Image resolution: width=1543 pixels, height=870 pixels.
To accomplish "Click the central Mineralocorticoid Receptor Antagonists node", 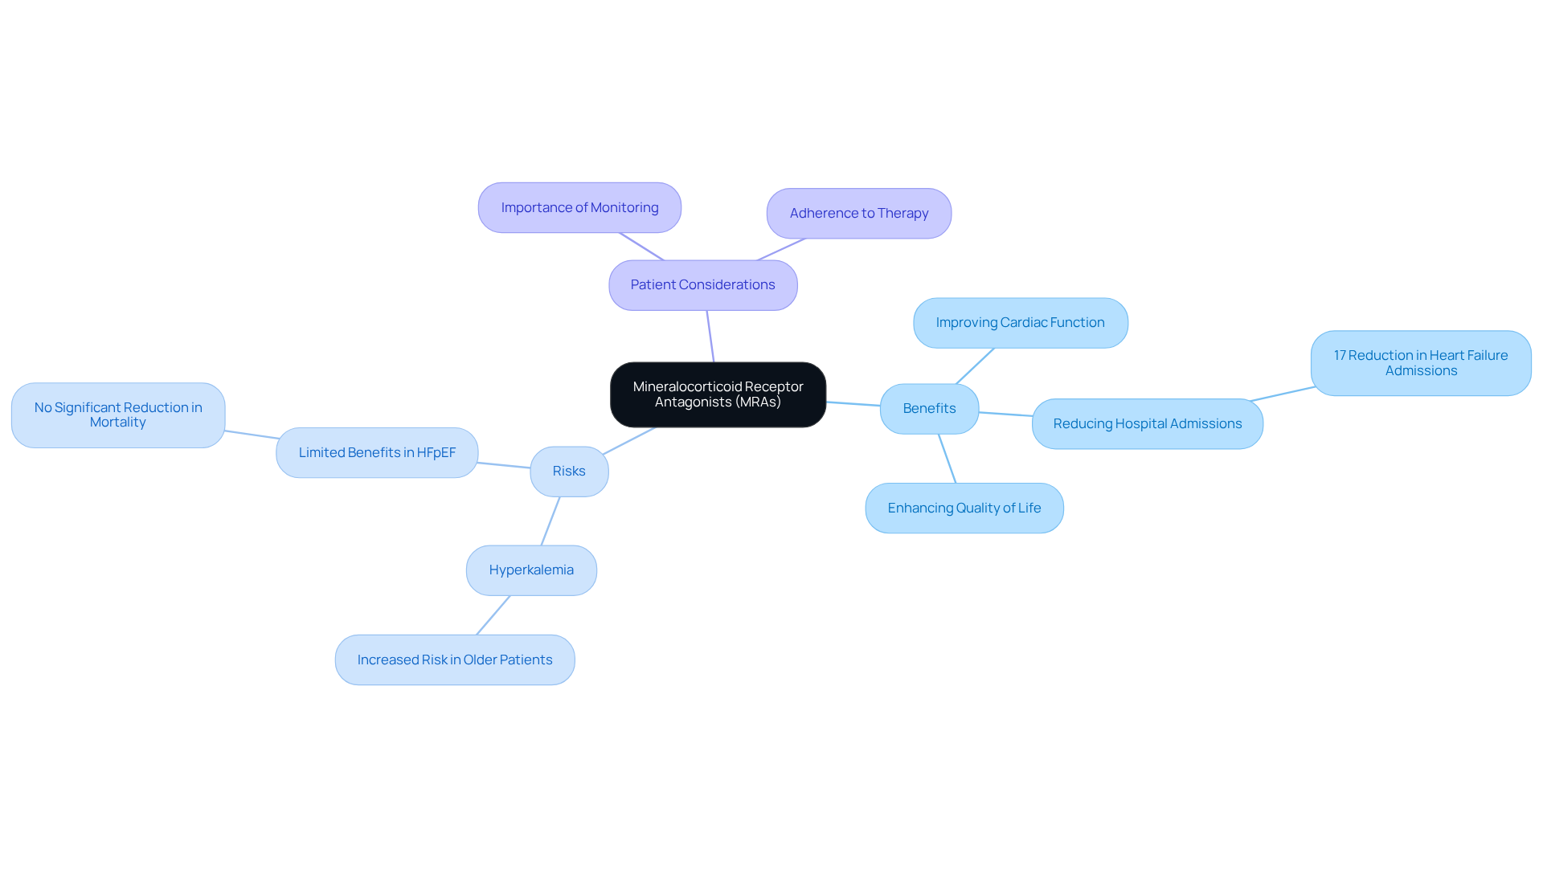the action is pyautogui.click(x=718, y=394).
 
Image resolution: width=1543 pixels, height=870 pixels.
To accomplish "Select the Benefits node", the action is pyautogui.click(x=929, y=409).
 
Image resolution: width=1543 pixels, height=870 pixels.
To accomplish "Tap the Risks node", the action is pyautogui.click(x=569, y=472).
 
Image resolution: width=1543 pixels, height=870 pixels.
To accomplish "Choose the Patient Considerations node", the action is pyautogui.click(x=702, y=285).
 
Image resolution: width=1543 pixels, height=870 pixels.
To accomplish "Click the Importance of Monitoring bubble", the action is pyautogui.click(x=579, y=208).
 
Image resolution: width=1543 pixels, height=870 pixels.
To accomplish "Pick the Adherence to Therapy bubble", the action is pyautogui.click(x=858, y=214).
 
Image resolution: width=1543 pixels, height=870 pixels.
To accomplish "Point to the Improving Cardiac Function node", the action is pyautogui.click(x=1020, y=323).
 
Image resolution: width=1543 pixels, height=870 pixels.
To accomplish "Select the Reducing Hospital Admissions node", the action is pyautogui.click(x=1147, y=424).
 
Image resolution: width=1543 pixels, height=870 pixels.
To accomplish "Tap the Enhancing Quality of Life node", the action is pyautogui.click(x=964, y=509).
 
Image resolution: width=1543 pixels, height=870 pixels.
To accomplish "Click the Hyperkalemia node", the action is pyautogui.click(x=531, y=570).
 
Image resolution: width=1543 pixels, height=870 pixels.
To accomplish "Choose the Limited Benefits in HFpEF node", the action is pyautogui.click(x=377, y=453).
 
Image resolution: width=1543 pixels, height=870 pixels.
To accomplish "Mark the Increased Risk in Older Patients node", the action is pyautogui.click(x=455, y=660).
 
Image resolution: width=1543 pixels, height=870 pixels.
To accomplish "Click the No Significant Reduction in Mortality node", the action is pyautogui.click(x=118, y=415).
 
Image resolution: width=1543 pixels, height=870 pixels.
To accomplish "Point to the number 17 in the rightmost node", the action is pyautogui.click(x=1340, y=356).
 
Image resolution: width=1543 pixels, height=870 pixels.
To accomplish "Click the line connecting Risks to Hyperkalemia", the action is pyautogui.click(x=550, y=521).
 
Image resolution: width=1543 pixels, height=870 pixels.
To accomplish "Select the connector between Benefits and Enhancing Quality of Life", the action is pyautogui.click(x=947, y=459).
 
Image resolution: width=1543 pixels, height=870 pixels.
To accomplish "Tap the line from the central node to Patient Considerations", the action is pyautogui.click(x=710, y=337).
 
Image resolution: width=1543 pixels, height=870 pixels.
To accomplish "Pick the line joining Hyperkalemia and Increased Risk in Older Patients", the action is pyautogui.click(x=493, y=615).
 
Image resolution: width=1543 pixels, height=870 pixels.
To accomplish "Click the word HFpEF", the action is pyautogui.click(x=436, y=453).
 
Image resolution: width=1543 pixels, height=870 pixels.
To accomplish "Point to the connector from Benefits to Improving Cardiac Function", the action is pyautogui.click(x=975, y=366).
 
